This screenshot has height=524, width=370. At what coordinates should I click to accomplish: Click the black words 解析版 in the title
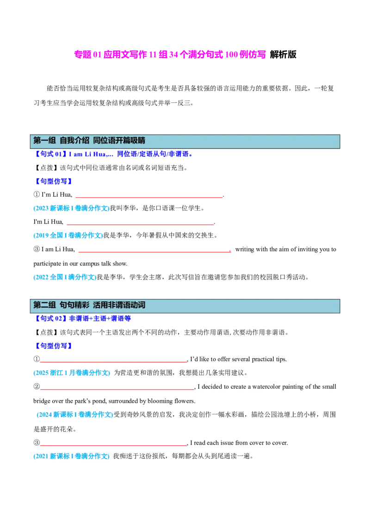tap(283, 55)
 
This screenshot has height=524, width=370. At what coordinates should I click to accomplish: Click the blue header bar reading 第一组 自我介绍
tap(185, 141)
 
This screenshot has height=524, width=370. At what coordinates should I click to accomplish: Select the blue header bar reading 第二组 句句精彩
tap(185, 306)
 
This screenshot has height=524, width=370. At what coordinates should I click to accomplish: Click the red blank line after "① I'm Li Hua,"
tap(149, 198)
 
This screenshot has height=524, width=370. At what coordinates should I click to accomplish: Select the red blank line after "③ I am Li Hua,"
tap(154, 252)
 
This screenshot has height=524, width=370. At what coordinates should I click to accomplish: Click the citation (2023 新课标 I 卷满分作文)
tap(72, 208)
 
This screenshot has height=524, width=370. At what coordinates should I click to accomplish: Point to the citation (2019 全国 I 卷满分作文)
tap(68, 235)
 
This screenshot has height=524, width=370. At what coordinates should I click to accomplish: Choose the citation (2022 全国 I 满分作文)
tap(65, 277)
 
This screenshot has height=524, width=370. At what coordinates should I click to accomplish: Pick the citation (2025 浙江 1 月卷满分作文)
tap(72, 373)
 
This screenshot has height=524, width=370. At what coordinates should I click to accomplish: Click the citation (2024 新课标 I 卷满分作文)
tap(75, 414)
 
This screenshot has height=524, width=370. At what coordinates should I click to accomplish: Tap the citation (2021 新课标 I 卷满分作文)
tap(72, 456)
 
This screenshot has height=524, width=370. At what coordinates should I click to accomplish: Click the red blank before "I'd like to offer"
tap(113, 362)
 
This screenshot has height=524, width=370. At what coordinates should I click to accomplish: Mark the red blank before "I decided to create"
tap(117, 389)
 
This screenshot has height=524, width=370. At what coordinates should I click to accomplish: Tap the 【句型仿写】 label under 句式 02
tap(54, 346)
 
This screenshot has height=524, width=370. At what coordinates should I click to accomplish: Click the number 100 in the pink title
tap(232, 55)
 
